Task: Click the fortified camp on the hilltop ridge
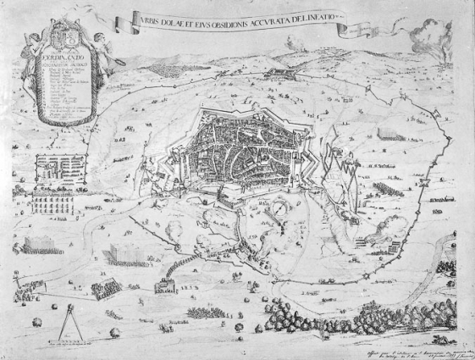284,75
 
